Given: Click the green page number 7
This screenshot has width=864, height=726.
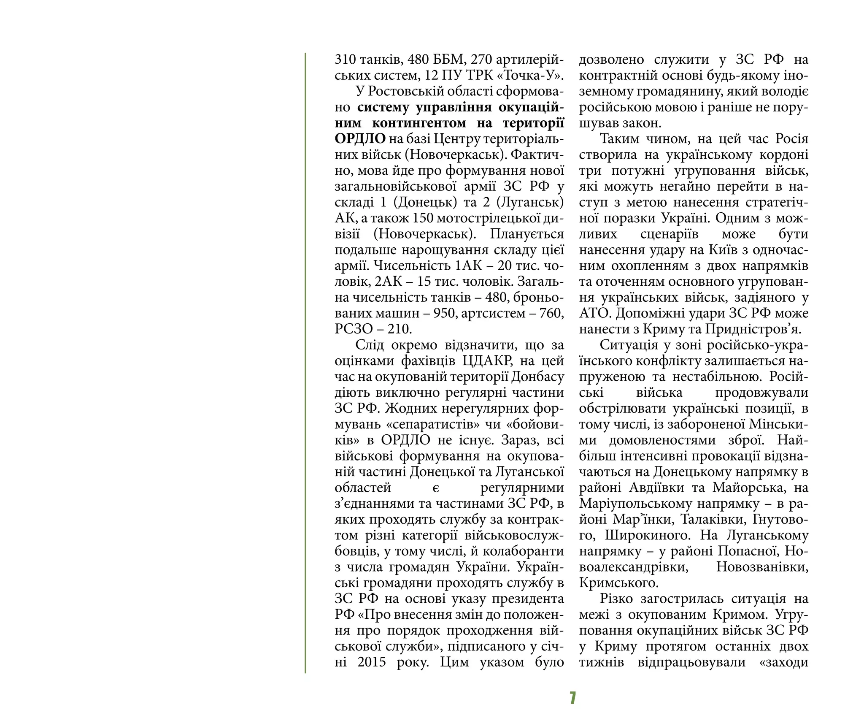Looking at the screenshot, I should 572,698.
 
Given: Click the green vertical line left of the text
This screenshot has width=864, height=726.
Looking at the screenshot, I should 305,363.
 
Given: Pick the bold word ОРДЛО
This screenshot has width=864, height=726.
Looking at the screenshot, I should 360,139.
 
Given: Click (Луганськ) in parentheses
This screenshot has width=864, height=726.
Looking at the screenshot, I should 530,203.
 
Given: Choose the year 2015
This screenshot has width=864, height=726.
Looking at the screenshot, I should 372,662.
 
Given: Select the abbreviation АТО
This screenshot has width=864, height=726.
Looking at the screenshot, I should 594,314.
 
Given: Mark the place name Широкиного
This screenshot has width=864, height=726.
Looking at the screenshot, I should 648,536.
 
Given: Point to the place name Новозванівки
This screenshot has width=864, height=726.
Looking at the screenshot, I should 762,567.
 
